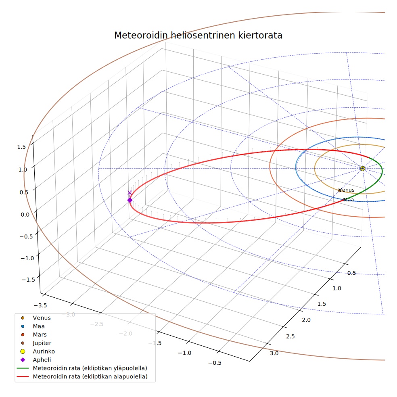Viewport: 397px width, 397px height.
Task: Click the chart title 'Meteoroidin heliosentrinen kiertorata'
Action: [x=198, y=36]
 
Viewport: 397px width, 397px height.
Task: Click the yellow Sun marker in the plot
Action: [x=363, y=168]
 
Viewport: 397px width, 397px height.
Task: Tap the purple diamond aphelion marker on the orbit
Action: [x=130, y=200]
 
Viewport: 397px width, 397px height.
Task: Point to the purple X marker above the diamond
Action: [x=130, y=193]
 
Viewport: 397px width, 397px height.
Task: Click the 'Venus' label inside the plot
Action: [x=346, y=190]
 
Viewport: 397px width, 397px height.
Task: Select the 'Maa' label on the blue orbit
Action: [x=349, y=200]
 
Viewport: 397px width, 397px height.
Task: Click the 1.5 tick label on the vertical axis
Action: [x=21, y=147]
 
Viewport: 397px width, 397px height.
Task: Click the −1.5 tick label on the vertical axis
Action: [x=28, y=280]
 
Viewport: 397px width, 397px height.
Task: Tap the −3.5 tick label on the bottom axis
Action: [x=40, y=305]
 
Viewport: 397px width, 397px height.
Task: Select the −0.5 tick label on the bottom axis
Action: [x=215, y=363]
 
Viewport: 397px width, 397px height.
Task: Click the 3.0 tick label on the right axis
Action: [x=274, y=353]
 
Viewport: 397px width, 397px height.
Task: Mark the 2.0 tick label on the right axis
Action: [x=306, y=320]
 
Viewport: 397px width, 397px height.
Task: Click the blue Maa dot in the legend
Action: [x=23, y=326]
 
